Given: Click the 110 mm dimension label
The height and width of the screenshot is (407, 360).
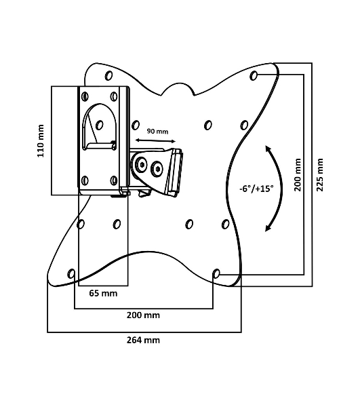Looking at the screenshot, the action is point(41,140).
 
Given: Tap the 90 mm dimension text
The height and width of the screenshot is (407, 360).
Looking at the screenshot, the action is point(157,132).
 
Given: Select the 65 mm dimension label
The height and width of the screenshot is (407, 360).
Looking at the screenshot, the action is point(103,294).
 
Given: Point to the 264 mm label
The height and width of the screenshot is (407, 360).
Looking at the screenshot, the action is point(143,340).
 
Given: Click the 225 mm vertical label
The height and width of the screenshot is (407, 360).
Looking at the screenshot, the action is point(320,174).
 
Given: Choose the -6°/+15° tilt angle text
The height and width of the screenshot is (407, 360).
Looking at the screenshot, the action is point(256,189).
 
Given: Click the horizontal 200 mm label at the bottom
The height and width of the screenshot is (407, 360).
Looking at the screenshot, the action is point(143,315).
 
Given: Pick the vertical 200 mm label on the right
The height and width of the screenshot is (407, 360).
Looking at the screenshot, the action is point(298,174).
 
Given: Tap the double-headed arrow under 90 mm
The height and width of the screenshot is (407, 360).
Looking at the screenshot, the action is point(155,140).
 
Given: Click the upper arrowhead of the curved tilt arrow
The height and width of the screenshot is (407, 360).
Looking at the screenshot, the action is point(268,149).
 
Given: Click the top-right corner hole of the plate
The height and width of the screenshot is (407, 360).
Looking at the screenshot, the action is point(254,75).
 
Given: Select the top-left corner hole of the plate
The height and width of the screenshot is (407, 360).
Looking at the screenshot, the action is point(108,75).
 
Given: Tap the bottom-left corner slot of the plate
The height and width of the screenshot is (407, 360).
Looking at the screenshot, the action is point(71,274).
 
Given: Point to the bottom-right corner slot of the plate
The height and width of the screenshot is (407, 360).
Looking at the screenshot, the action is point(216,274).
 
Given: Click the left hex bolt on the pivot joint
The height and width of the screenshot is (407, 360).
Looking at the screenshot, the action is point(142,164).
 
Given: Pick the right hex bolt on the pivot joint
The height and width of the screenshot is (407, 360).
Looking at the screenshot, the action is point(157,168).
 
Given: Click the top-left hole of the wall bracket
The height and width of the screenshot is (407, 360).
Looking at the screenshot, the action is point(85,96).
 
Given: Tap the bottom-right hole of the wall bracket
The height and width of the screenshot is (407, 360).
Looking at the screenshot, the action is point(114,180).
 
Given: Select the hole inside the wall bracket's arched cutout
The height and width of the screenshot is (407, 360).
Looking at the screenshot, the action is point(100,125).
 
